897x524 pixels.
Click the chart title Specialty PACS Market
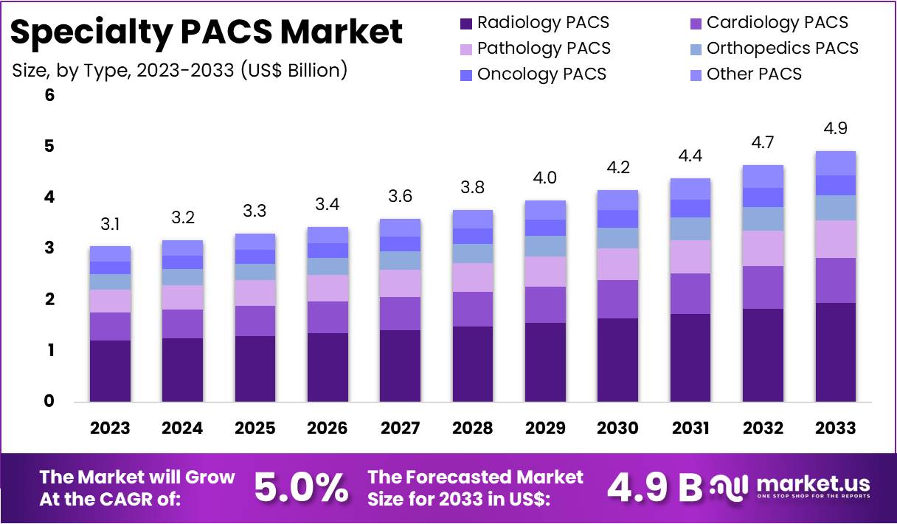click(207, 32)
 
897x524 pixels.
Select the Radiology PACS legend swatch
click(466, 23)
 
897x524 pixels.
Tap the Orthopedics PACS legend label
click(782, 49)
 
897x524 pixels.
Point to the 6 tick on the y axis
click(49, 95)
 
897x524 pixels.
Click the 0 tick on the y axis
click(49, 402)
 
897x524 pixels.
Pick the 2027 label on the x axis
click(401, 428)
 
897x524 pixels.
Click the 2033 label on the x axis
click(836, 428)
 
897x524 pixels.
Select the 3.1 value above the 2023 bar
click(110, 224)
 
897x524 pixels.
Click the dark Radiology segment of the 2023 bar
click(110, 371)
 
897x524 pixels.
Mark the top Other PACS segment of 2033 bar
click(836, 163)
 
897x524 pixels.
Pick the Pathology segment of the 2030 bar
click(618, 264)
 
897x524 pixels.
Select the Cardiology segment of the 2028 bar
click(473, 309)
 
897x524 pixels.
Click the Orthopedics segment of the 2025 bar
click(255, 272)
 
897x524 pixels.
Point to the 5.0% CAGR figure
click(301, 486)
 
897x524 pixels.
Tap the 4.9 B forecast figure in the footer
click(655, 486)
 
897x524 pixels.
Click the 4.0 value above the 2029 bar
click(545, 178)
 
